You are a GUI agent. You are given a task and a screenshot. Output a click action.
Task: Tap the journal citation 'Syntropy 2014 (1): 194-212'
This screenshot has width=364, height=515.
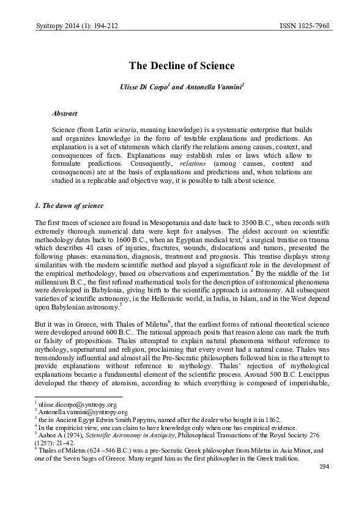point(72,27)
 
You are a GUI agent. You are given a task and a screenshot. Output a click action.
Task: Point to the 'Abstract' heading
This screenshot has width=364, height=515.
point(65,114)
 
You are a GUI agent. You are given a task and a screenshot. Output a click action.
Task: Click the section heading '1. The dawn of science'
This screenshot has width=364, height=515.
point(69,204)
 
